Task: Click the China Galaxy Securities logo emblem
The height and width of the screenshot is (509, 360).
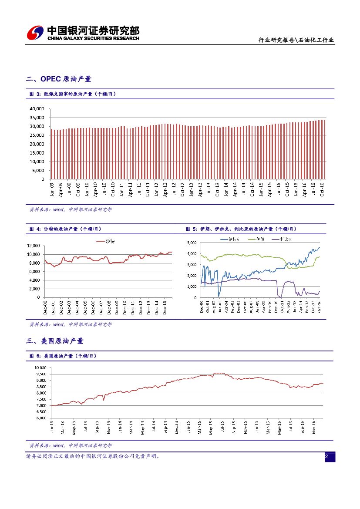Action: [x=35, y=33]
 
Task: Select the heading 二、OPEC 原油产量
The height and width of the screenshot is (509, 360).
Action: [x=59, y=79]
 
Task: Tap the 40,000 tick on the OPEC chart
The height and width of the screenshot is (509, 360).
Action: [x=37, y=108]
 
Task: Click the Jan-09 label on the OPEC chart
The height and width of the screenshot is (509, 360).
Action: [x=52, y=188]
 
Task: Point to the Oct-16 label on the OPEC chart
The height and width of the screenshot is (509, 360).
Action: [x=322, y=188]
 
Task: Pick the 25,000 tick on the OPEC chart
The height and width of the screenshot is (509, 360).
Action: [x=37, y=135]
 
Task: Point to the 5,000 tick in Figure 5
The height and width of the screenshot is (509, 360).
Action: [x=192, y=243]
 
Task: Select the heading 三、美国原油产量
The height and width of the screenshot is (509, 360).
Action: [x=55, y=341]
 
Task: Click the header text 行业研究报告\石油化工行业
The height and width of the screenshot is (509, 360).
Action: [x=296, y=40]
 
